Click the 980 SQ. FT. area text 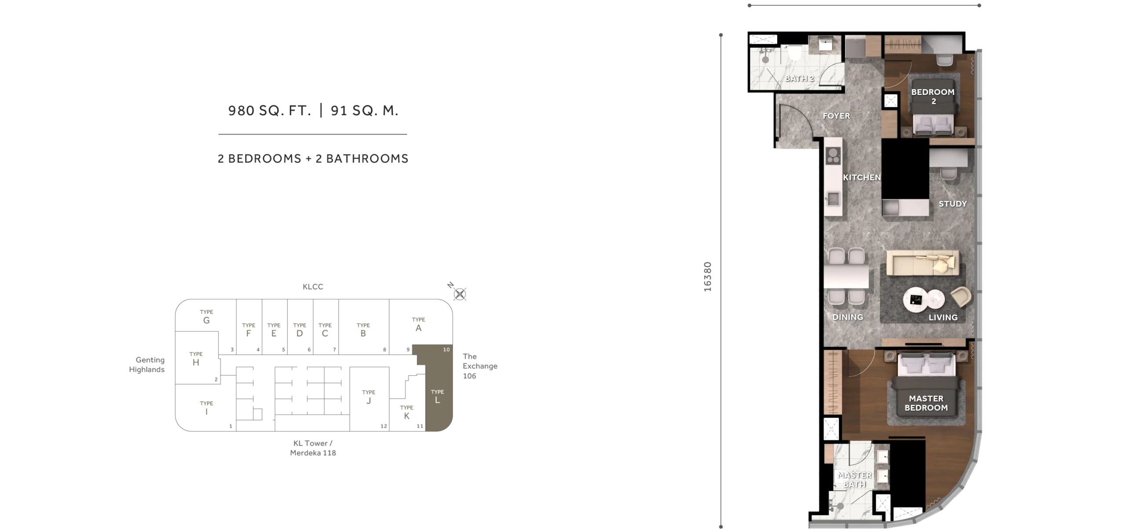coord(270,110)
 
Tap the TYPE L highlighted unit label coord(437,396)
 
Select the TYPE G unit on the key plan coord(206,317)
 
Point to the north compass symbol coord(460,294)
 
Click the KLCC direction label coord(313,287)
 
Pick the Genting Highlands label coord(147,365)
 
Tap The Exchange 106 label coord(480,366)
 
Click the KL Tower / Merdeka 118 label coord(313,448)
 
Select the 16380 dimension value coord(707,277)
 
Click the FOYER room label coord(836,116)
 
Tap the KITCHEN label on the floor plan coord(862,177)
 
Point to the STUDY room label coord(953,203)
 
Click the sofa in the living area coord(922,263)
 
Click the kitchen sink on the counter coord(833,199)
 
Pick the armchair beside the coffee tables coord(961,297)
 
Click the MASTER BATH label coord(855,479)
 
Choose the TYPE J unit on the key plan coord(369,397)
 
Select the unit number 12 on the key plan coord(384,426)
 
